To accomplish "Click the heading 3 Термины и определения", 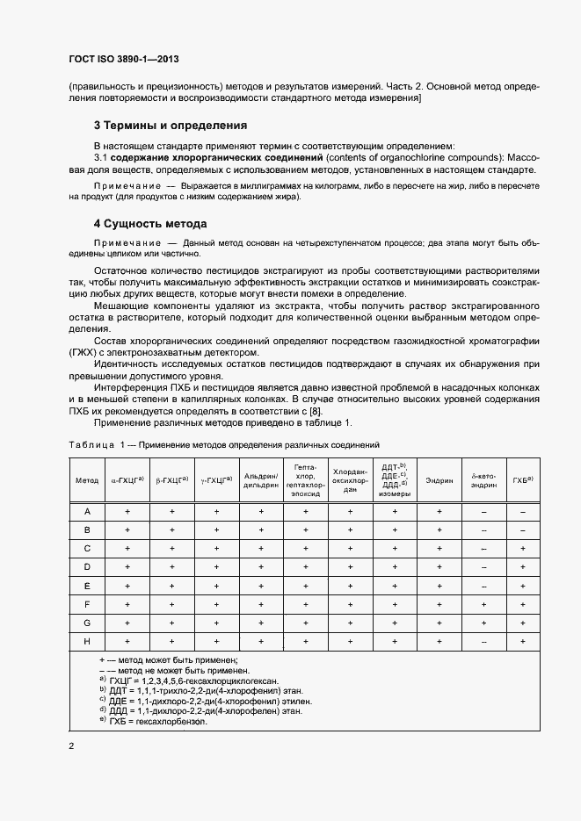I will (171, 125).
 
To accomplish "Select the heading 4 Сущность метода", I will (150, 224).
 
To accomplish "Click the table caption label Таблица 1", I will (97, 445).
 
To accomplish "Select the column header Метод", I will (87, 480).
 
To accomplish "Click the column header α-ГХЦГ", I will (127, 480).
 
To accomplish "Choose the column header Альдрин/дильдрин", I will (261, 480).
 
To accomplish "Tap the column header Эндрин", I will (439, 480).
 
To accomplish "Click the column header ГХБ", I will (523, 480).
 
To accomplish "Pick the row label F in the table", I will (87, 604).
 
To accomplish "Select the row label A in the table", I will (87, 511).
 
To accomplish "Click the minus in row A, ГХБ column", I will (523, 511).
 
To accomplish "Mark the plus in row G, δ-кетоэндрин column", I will (483, 623).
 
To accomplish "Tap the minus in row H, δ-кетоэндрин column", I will (483, 642).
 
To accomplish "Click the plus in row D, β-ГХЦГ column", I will (172, 567).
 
